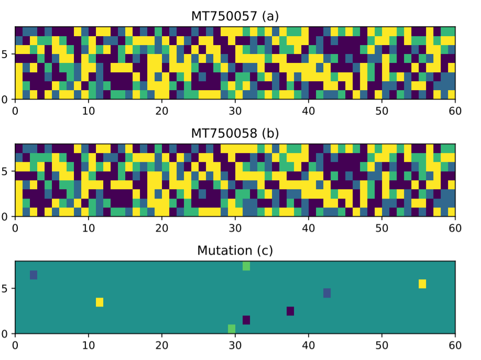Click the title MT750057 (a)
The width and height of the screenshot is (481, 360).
click(235, 16)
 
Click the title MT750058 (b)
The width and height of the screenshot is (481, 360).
click(235, 134)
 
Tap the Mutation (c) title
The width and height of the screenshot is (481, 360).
click(235, 250)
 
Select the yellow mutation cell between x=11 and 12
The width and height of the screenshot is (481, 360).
click(100, 302)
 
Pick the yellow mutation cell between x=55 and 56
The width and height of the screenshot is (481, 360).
click(422, 284)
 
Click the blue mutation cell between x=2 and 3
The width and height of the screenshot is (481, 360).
click(34, 275)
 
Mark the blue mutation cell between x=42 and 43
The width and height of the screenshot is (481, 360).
click(327, 293)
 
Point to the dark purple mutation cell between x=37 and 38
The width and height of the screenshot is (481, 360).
click(290, 311)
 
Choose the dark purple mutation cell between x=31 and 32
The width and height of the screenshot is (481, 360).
click(246, 320)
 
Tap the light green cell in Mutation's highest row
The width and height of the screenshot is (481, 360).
click(246, 266)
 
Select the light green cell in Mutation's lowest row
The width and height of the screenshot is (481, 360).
click(232, 329)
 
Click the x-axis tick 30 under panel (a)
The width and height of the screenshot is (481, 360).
click(235, 111)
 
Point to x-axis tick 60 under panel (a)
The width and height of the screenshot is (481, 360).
click(455, 111)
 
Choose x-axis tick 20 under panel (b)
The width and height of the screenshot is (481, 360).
click(162, 228)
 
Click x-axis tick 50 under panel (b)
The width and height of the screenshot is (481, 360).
click(382, 228)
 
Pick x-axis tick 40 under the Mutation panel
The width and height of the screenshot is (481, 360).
click(309, 346)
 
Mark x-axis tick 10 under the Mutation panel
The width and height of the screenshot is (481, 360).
click(89, 346)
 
